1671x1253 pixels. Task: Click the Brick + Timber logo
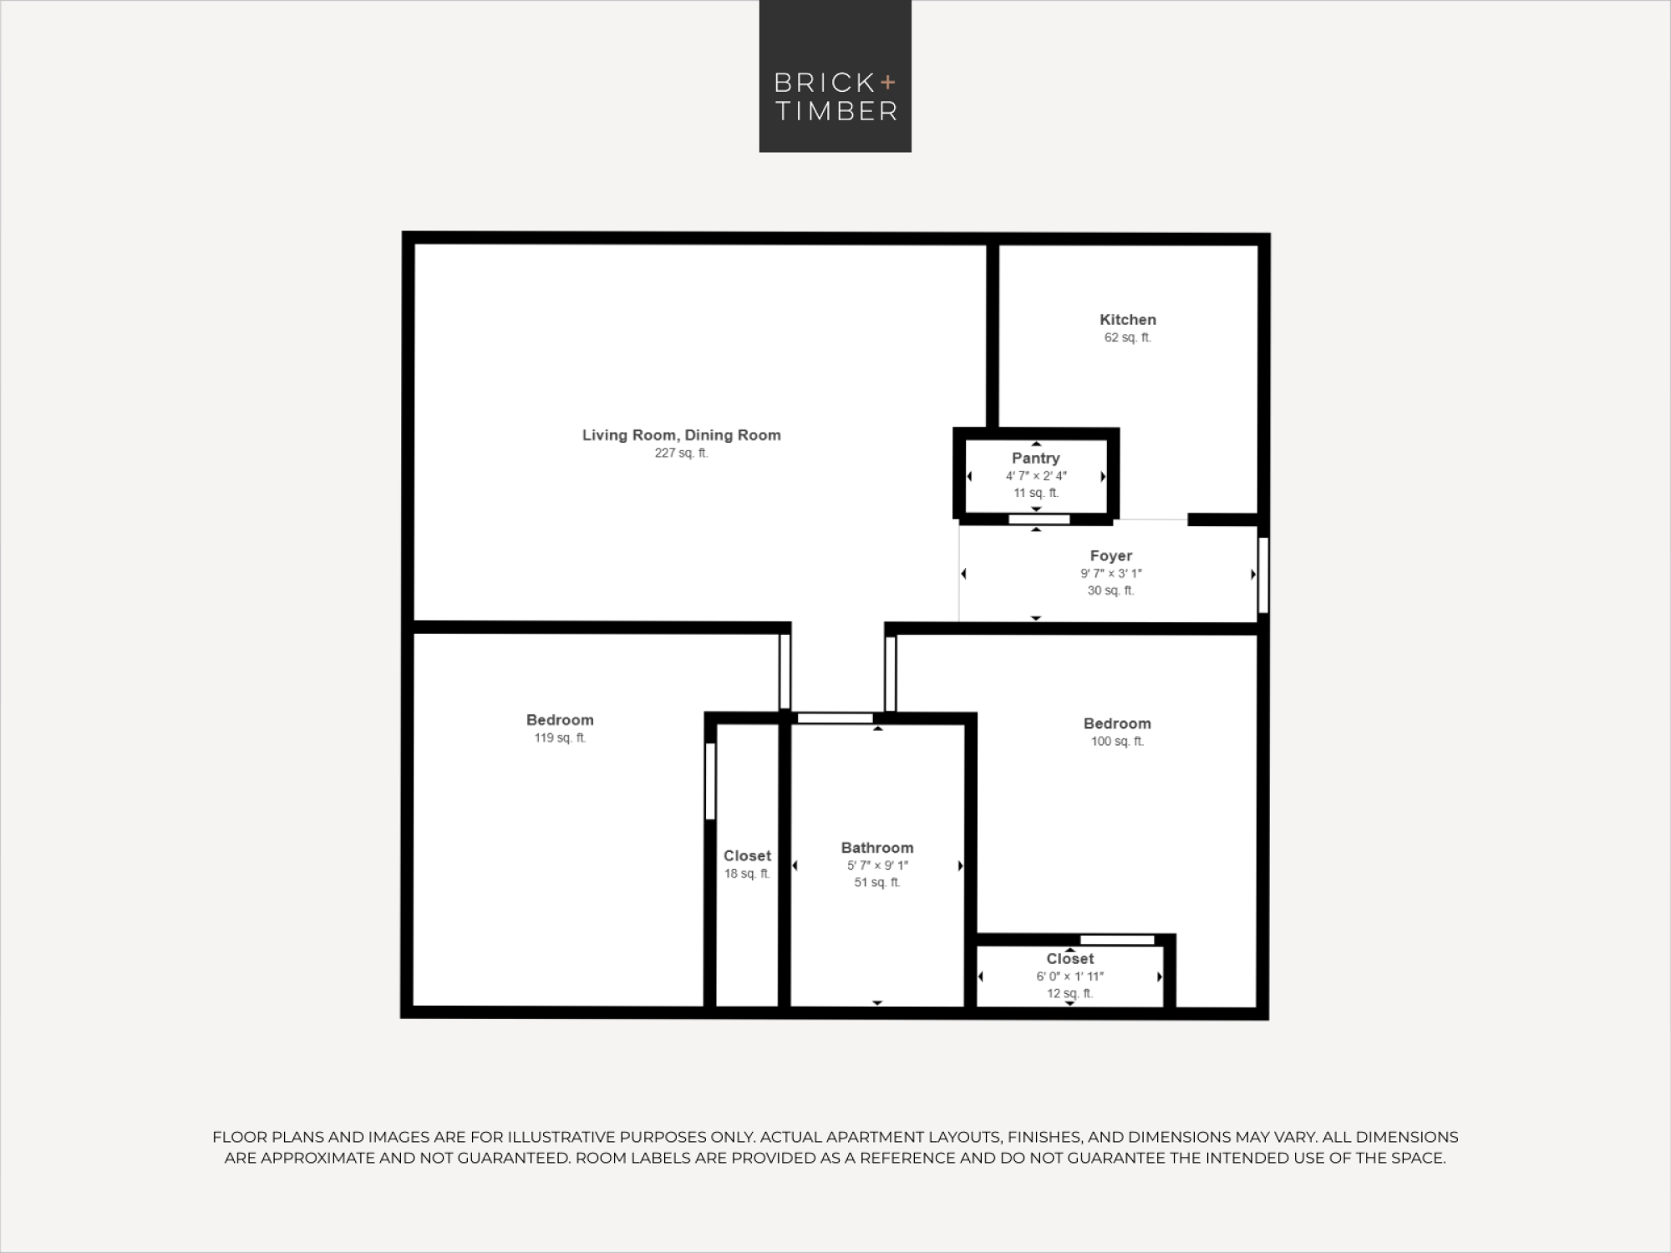point(835,76)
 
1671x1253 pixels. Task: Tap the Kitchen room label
point(1128,319)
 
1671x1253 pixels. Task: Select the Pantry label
point(1035,458)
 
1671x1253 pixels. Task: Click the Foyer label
point(1110,555)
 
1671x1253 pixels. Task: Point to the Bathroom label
point(877,847)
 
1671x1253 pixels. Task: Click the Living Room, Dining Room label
point(682,434)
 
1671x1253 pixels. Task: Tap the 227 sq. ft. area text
point(681,453)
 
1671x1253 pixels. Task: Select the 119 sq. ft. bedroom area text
point(560,738)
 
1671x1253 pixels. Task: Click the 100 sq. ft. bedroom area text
point(1117,741)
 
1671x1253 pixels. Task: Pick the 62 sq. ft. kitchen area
point(1127,337)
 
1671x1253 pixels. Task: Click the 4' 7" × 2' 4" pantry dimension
point(1036,475)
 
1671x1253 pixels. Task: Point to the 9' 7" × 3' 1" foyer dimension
point(1110,573)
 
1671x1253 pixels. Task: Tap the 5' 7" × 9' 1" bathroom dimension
point(877,865)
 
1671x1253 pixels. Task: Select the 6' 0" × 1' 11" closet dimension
point(1070,976)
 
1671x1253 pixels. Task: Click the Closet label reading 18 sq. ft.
point(747,855)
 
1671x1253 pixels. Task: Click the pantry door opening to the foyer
point(1039,520)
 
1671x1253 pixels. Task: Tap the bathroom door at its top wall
point(835,718)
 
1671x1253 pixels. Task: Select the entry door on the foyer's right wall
point(1263,575)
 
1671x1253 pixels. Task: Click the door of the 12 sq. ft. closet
point(1117,940)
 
